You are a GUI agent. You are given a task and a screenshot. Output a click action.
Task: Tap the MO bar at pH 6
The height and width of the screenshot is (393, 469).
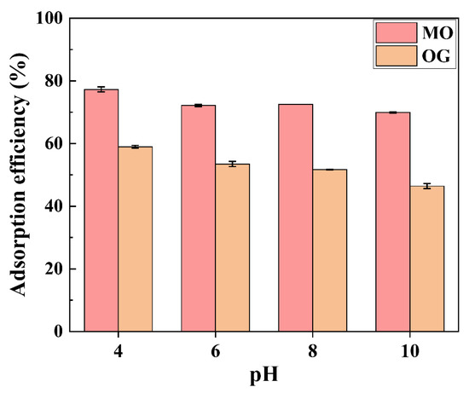(x=198, y=217)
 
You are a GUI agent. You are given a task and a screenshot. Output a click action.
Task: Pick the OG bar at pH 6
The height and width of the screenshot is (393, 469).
(x=232, y=247)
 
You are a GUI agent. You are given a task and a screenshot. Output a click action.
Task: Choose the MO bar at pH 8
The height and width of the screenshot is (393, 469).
(x=295, y=217)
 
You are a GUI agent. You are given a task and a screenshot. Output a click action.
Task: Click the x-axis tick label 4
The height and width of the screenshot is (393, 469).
(x=118, y=350)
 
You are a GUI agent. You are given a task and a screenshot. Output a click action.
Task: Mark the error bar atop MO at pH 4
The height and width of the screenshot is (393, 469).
(x=101, y=90)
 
